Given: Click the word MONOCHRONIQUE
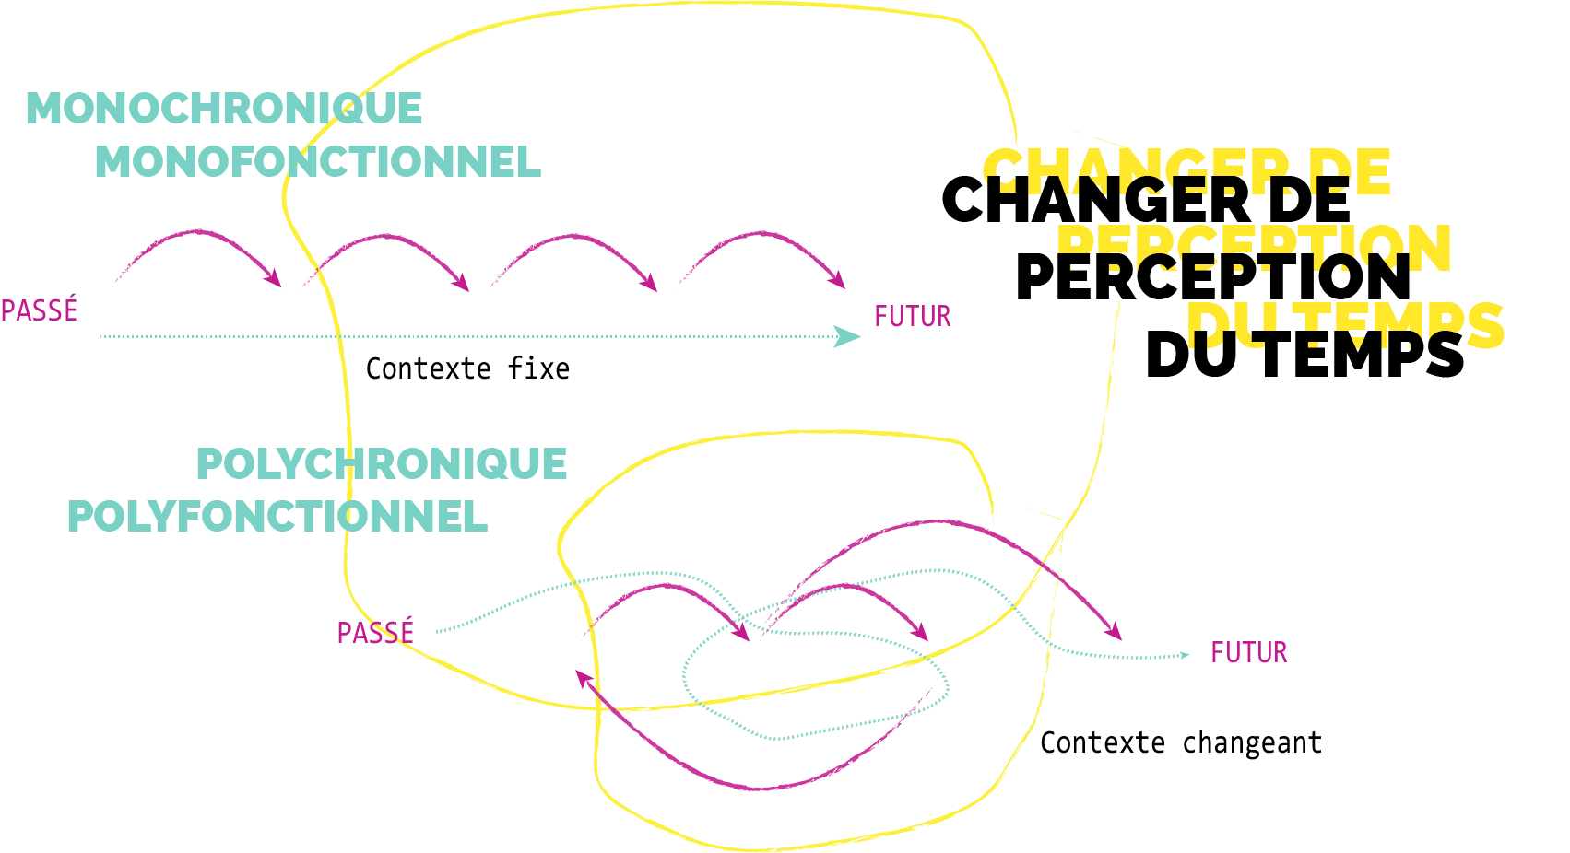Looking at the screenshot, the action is pyautogui.click(x=224, y=109).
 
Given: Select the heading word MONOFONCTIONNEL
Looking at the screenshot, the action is pyautogui.click(x=318, y=162).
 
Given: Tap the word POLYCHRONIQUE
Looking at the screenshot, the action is pyautogui.click(x=382, y=463).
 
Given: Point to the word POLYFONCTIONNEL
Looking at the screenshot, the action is pyautogui.click(x=277, y=516).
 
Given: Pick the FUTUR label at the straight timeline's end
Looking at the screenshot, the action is pyautogui.click(x=913, y=317).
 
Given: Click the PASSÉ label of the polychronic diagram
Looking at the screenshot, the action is pyautogui.click(x=376, y=632).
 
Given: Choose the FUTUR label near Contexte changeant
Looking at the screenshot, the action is pyautogui.click(x=1249, y=653).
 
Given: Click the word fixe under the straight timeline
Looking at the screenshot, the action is pyautogui.click(x=538, y=368).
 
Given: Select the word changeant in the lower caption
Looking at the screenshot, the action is pyautogui.click(x=1252, y=743).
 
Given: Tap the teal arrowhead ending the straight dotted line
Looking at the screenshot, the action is pyautogui.click(x=847, y=336).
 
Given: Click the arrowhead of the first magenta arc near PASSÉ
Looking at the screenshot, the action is pyautogui.click(x=274, y=278).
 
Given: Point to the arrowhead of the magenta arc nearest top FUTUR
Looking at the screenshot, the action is pyautogui.click(x=838, y=279).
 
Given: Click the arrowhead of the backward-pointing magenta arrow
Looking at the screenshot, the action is pyautogui.click(x=584, y=678).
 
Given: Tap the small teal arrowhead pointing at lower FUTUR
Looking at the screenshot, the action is pyautogui.click(x=1186, y=656).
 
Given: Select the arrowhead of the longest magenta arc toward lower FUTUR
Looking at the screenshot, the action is pyautogui.click(x=1114, y=631).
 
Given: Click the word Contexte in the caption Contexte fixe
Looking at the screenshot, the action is pyautogui.click(x=429, y=368).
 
